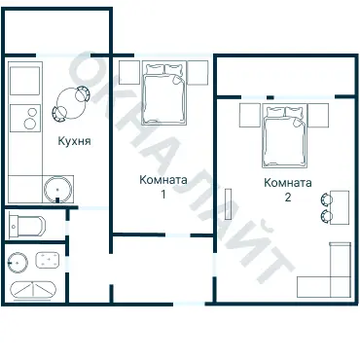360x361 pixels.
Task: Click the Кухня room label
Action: tap(74, 141)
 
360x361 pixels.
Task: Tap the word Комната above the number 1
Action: tap(163, 180)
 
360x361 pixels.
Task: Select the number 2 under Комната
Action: tap(288, 198)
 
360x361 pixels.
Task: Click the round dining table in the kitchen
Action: tap(71, 103)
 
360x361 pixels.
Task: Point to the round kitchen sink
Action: tap(57, 190)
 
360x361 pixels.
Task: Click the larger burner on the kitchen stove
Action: tap(30, 124)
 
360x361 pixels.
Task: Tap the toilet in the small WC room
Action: tap(27, 225)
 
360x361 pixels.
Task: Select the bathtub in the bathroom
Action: tap(33, 290)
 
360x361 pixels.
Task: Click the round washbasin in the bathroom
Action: tap(18, 262)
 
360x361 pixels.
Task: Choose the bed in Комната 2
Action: tap(284, 135)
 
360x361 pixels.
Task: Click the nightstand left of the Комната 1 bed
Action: tap(129, 72)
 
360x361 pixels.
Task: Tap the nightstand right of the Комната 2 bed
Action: tap(318, 115)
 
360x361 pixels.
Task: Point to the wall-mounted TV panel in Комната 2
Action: tap(229, 205)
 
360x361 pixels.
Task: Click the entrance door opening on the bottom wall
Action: tap(189, 305)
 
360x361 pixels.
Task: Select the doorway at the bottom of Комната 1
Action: tap(178, 235)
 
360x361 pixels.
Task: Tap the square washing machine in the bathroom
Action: tap(48, 261)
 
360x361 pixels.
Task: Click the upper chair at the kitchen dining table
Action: tap(82, 93)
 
